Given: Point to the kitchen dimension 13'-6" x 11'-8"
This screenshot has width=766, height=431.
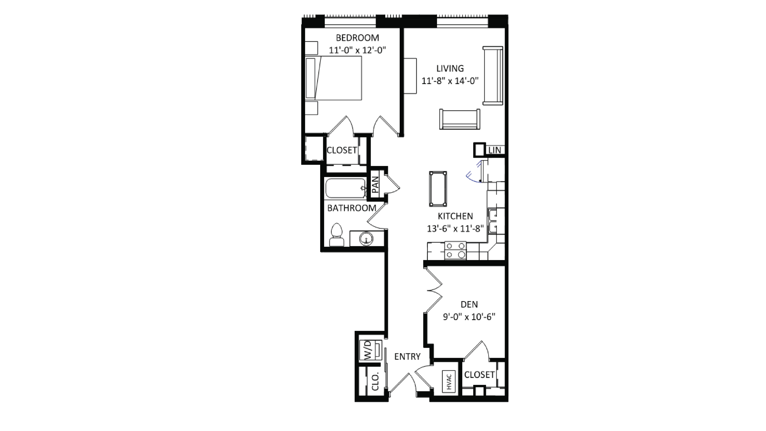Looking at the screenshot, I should point(455,229).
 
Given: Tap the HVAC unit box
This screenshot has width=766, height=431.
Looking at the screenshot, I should point(449,382).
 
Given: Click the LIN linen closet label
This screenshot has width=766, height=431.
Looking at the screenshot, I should point(495,150).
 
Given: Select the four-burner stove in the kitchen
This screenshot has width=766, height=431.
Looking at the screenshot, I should point(455,250).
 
